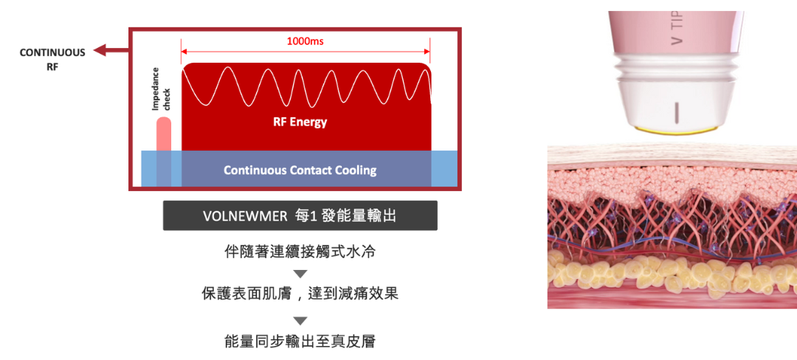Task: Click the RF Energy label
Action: click(x=295, y=122)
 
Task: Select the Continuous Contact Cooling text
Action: click(x=300, y=170)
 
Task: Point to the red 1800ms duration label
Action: click(x=305, y=42)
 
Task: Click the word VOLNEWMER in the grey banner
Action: click(x=244, y=216)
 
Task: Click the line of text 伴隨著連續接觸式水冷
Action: click(x=300, y=252)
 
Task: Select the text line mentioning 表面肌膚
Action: click(x=300, y=293)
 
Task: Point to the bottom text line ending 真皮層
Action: click(x=300, y=341)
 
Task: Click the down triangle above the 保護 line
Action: click(x=300, y=274)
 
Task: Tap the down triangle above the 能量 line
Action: click(x=300, y=321)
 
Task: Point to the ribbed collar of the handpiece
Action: click(x=673, y=69)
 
